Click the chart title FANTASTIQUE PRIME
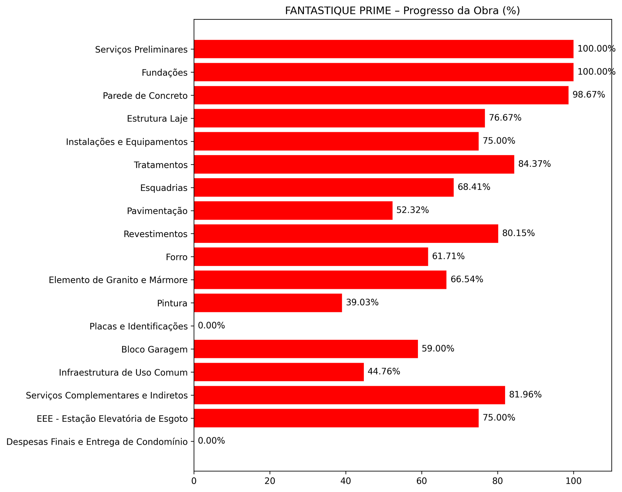402,11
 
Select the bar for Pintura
268,303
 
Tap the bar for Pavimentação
293,211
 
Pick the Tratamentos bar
354,164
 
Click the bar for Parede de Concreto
381,95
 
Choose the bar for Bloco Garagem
306,349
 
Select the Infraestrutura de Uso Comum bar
279,372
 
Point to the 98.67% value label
589,95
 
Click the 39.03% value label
362,303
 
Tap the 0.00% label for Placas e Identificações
211,326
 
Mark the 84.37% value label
535,164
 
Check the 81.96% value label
525,395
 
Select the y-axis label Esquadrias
164,188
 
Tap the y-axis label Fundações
165,72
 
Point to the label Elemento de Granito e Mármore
118,280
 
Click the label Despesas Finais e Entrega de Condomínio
97,441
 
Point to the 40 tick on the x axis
346,481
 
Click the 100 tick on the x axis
573,481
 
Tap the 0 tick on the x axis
194,481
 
